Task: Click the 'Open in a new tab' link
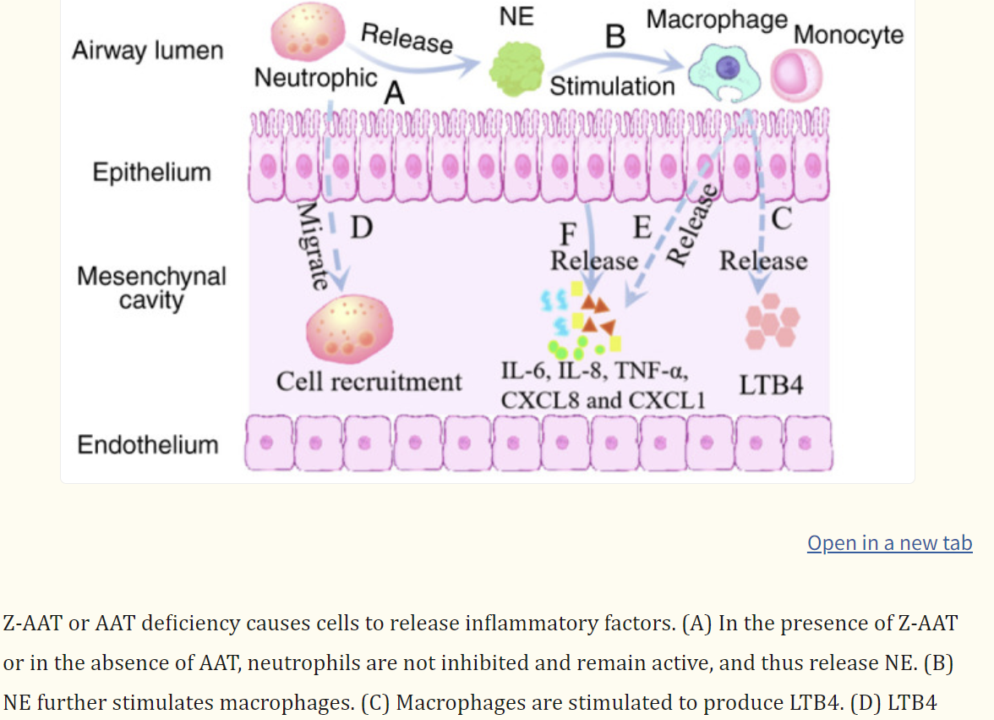point(889,543)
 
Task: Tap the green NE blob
point(518,68)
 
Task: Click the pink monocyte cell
point(795,74)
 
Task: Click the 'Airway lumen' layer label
point(147,51)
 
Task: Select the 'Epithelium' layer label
point(151,172)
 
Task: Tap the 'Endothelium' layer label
point(148,445)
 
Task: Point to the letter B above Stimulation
point(615,37)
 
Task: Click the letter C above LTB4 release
point(781,219)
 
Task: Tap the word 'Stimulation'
point(612,86)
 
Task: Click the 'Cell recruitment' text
point(369,382)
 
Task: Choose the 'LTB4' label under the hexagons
point(771,385)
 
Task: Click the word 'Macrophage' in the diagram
point(717,19)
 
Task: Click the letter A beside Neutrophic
point(393,95)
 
